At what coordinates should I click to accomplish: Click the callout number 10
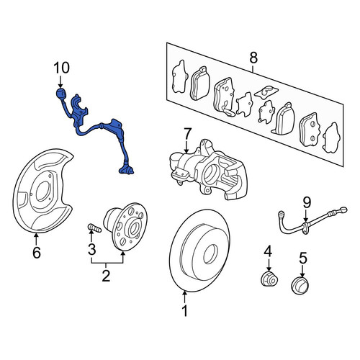[x=62, y=68]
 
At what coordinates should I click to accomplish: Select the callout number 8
[x=253, y=58]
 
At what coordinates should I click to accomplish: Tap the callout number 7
[x=187, y=134]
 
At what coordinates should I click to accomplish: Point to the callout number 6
[x=37, y=253]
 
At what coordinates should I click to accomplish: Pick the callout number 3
[x=91, y=249]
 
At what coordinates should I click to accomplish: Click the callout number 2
[x=106, y=276]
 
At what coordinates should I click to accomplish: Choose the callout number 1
[x=185, y=311]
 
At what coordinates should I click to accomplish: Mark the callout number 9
[x=307, y=202]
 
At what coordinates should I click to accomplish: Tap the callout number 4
[x=268, y=251]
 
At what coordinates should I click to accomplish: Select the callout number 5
[x=303, y=258]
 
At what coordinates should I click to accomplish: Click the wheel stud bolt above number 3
[x=94, y=228]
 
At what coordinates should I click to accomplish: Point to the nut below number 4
[x=269, y=279]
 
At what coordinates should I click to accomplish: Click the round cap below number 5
[x=300, y=286]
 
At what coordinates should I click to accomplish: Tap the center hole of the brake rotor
[x=211, y=254]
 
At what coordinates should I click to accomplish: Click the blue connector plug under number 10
[x=61, y=94]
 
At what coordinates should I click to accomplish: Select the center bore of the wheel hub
[x=134, y=228]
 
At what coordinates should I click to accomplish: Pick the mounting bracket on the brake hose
[x=305, y=228]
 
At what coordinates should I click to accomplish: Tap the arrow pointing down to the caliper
[x=187, y=147]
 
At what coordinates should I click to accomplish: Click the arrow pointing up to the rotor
[x=185, y=297]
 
